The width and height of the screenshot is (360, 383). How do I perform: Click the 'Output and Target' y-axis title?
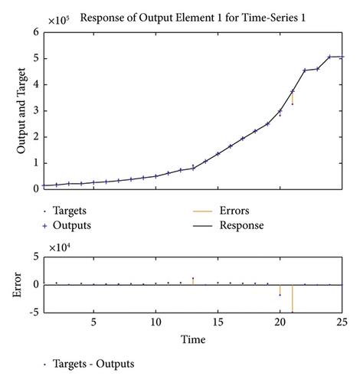[21, 110]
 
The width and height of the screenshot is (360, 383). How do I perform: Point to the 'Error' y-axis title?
[17, 284]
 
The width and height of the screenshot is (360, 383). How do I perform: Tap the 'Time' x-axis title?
[193, 339]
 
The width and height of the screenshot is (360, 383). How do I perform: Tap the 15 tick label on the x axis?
[218, 322]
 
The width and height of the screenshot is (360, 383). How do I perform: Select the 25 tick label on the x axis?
[342, 322]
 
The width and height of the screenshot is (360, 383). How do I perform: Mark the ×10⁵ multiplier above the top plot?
[58, 21]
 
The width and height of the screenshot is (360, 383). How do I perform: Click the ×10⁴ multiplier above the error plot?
[59, 247]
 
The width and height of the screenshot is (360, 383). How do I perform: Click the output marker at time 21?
[293, 91]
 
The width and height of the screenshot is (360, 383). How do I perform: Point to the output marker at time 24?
[329, 57]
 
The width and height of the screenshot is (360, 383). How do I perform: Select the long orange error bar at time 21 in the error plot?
[293, 299]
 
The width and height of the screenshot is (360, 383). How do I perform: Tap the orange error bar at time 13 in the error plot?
[193, 281]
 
